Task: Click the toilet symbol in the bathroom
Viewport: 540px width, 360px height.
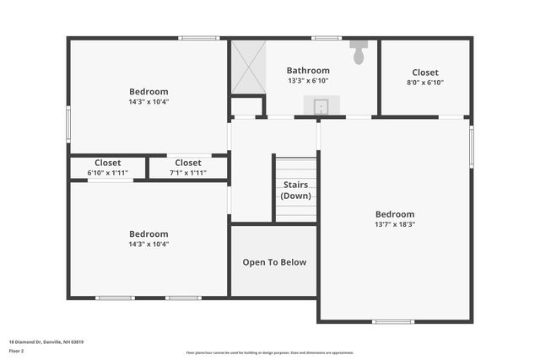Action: pos(359,52)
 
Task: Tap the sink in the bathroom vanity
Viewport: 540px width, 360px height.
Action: pos(321,106)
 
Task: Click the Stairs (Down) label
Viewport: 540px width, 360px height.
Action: pos(295,190)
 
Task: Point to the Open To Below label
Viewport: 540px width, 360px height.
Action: pos(274,262)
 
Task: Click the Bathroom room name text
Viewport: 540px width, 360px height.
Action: pos(308,71)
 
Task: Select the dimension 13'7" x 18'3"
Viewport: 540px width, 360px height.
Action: pos(395,224)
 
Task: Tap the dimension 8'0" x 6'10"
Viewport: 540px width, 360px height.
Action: pos(425,83)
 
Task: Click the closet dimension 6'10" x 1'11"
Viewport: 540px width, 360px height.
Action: pos(107,173)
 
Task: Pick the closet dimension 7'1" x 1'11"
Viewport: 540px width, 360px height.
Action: pos(187,173)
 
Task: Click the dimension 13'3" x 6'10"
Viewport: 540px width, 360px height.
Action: pos(308,81)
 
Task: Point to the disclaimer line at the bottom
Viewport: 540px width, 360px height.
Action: pos(269,352)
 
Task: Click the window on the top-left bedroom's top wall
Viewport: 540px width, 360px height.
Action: pos(199,38)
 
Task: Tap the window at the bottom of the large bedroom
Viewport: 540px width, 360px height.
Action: pos(393,321)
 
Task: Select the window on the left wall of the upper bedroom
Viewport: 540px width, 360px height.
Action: pos(69,123)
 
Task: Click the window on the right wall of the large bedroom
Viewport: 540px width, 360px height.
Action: pos(471,147)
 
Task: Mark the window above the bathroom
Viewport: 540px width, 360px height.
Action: pos(326,38)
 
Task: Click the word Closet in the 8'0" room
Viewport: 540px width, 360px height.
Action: pos(425,73)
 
